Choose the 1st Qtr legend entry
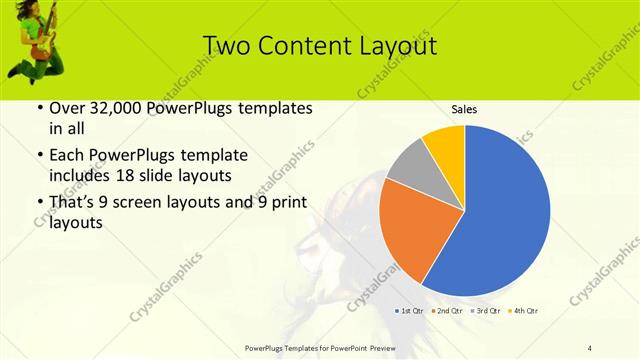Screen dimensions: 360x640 click(411, 311)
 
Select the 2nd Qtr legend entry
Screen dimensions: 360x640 click(446, 311)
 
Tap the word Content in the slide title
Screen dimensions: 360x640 click(303, 46)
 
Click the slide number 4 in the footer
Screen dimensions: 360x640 click(590, 347)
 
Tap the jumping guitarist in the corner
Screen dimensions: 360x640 click(35, 37)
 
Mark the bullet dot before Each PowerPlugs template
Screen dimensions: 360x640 click(38, 156)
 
